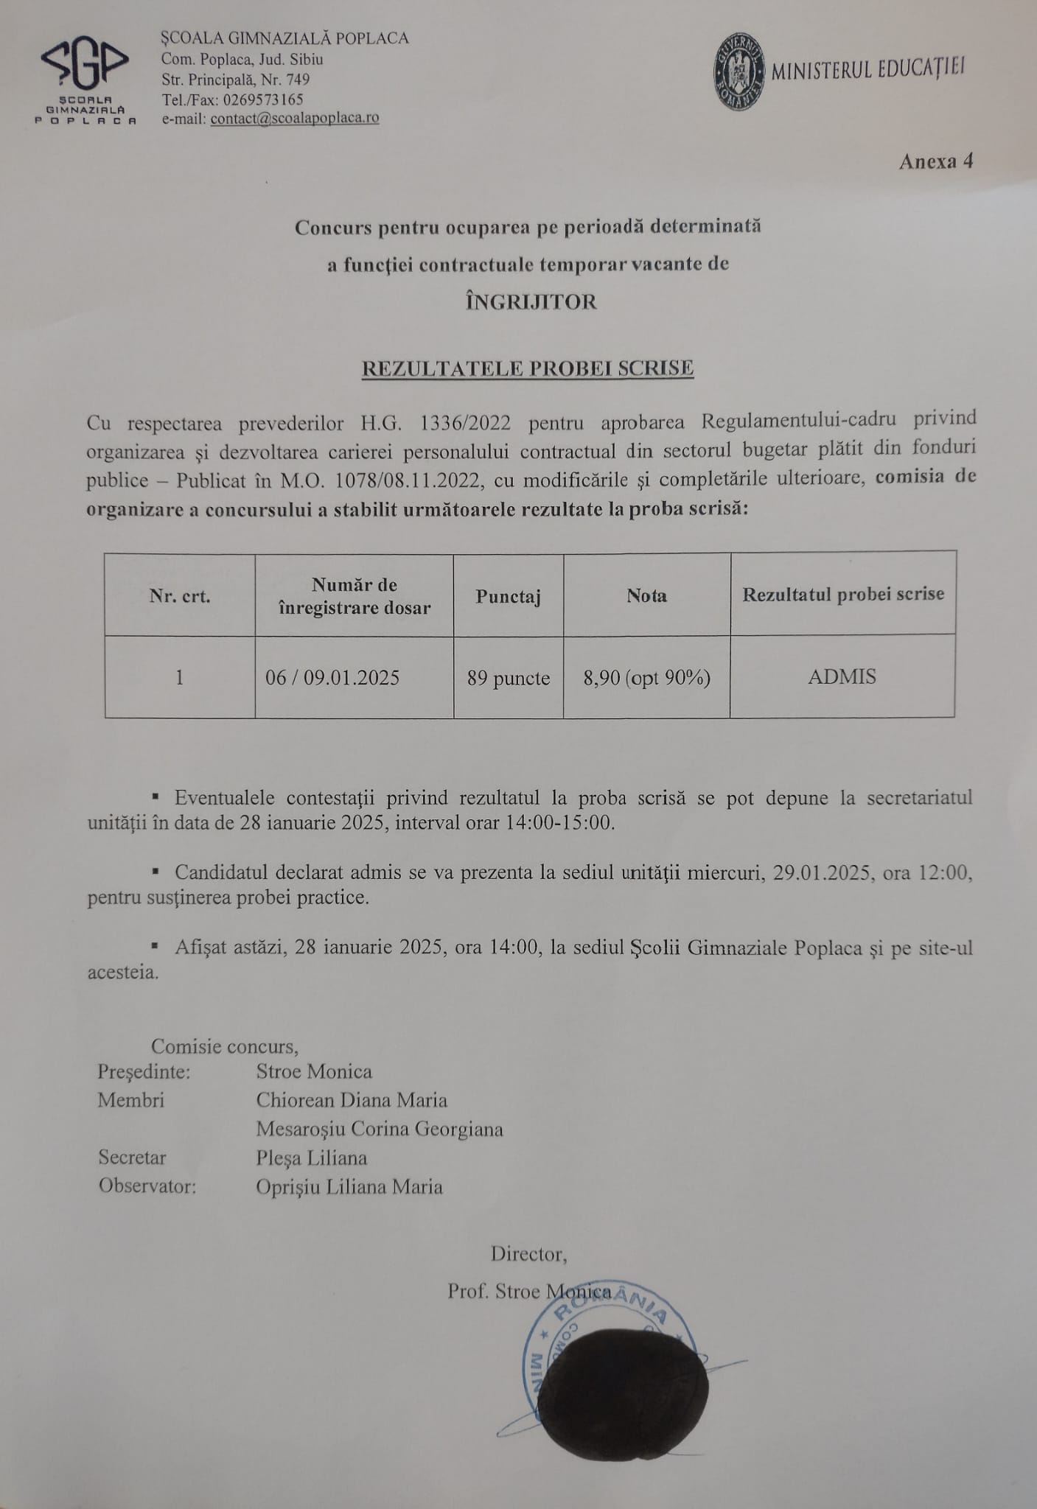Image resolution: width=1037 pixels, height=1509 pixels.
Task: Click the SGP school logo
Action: tap(87, 77)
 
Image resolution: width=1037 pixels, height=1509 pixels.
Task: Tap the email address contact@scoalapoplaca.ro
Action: tap(295, 118)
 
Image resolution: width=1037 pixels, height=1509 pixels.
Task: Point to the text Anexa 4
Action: tap(936, 161)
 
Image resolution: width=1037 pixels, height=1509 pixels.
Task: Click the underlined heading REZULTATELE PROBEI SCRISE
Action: tap(528, 368)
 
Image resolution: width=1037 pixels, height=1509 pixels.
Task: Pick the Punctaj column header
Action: tap(509, 595)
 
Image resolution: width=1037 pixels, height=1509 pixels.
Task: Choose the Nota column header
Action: tap(646, 595)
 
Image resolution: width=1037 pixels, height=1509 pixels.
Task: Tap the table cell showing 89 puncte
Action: tap(509, 678)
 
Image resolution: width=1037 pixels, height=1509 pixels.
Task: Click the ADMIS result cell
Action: tap(842, 677)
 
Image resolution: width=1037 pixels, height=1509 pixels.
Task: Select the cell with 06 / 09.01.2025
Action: tap(332, 678)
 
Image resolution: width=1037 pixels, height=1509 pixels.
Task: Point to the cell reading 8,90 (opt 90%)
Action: tap(646, 678)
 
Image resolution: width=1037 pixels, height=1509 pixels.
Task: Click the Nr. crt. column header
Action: tap(180, 596)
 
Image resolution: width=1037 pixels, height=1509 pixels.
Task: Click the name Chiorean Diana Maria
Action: tap(352, 1100)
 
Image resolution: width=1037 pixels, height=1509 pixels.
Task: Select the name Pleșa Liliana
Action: tap(311, 1158)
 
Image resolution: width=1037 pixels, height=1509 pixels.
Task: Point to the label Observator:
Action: tap(147, 1186)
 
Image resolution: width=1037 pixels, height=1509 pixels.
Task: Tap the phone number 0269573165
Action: tap(262, 99)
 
